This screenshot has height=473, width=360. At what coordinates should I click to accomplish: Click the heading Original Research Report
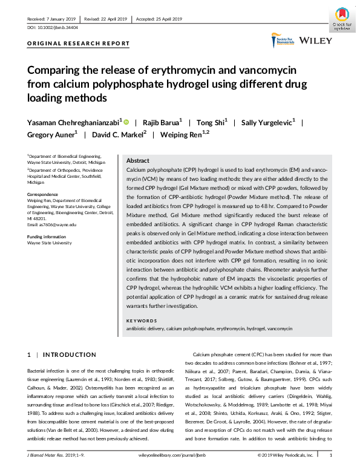[x=79, y=44]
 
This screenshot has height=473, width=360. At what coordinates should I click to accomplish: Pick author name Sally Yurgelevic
[x=267, y=122]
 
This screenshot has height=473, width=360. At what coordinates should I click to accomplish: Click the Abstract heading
[x=137, y=161]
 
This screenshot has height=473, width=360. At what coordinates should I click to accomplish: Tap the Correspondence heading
[x=42, y=194]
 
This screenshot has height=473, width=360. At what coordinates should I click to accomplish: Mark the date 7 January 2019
[x=60, y=19]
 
